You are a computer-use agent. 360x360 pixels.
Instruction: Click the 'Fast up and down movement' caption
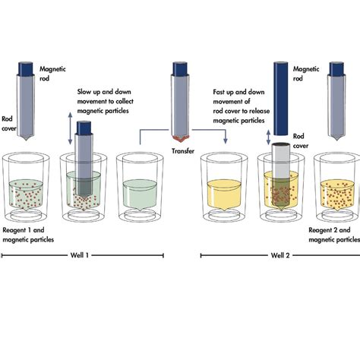242,102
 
